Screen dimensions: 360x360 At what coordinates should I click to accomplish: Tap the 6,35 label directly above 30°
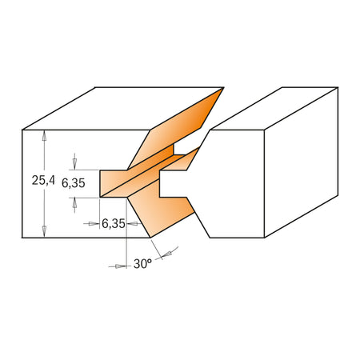(x=113, y=224)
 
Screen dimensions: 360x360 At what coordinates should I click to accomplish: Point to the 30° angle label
(x=142, y=262)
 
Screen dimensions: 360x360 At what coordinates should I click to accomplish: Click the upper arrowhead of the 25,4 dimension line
(x=45, y=136)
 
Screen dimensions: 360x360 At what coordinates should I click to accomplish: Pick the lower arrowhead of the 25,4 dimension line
(x=45, y=232)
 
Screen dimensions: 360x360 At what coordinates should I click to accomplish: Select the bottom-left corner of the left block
(x=23, y=238)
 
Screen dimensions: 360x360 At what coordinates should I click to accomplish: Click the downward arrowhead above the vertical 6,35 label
(x=76, y=164)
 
